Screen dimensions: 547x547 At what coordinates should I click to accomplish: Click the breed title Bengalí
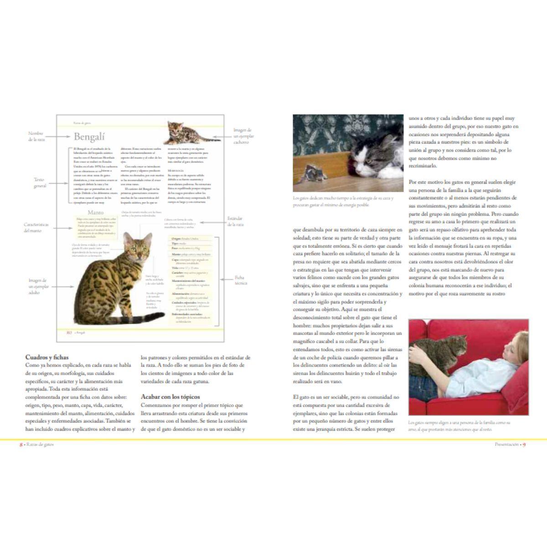click(x=89, y=137)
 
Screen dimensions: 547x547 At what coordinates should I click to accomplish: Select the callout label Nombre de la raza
click(x=36, y=136)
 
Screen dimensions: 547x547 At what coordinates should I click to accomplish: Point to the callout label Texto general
click(x=40, y=182)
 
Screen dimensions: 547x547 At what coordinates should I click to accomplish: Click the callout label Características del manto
click(x=36, y=227)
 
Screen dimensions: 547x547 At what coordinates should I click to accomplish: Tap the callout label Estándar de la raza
click(x=235, y=222)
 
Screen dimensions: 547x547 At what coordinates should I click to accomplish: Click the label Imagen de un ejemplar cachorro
click(x=243, y=136)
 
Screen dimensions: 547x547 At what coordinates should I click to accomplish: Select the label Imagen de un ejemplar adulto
click(x=38, y=286)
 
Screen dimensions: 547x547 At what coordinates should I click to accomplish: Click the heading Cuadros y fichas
click(x=47, y=357)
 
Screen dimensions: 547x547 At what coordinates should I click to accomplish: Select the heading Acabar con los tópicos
click(x=170, y=397)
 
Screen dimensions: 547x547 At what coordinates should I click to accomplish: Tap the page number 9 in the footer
click(x=524, y=444)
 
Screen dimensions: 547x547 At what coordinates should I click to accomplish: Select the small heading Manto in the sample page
click(x=95, y=212)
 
